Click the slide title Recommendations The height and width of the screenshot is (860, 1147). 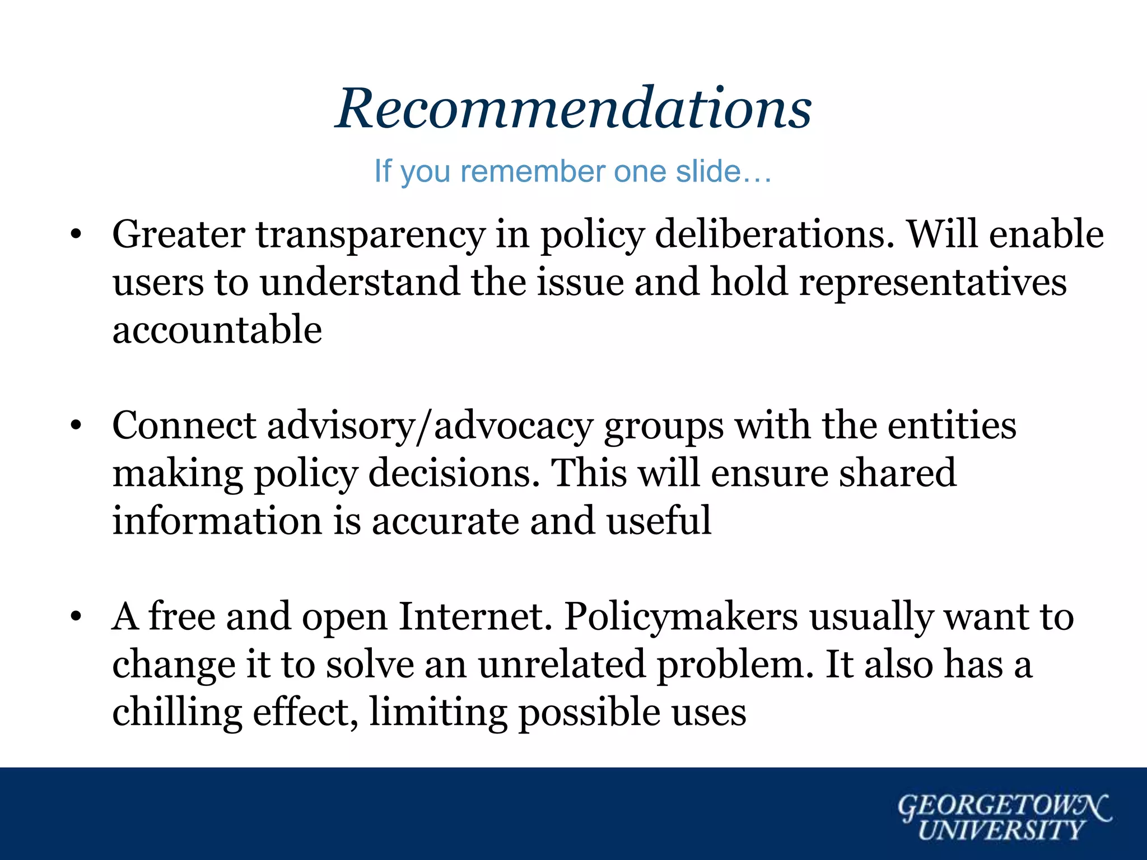coord(573,109)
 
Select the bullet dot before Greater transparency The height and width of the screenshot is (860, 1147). coord(76,235)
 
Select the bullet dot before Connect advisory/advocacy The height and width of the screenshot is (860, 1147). coord(76,427)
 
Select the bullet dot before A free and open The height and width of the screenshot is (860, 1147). coord(76,618)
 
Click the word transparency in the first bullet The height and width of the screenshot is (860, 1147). coord(371,235)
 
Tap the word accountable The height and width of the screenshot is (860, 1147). coord(217,330)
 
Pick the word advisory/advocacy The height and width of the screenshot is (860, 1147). coord(430,427)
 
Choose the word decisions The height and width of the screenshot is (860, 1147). coord(454,474)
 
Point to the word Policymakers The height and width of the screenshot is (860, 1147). coord(680,617)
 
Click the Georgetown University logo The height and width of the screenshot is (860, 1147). coord(1004,817)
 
